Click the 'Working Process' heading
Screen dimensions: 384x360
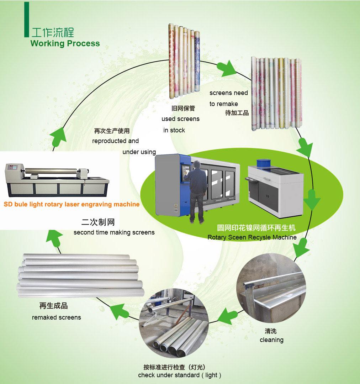point(65,43)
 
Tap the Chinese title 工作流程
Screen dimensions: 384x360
point(53,32)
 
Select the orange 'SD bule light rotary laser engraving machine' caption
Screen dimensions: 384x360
point(72,205)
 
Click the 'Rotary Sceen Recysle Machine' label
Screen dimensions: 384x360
point(252,237)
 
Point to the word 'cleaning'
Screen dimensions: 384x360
point(271,340)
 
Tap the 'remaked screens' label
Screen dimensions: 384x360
point(57,317)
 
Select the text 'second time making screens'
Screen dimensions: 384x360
point(114,232)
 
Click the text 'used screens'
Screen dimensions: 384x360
point(180,119)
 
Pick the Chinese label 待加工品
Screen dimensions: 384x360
point(237,113)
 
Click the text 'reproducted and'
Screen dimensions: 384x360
point(115,141)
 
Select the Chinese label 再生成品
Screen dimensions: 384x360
point(53,306)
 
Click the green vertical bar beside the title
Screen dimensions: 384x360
point(26,20)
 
